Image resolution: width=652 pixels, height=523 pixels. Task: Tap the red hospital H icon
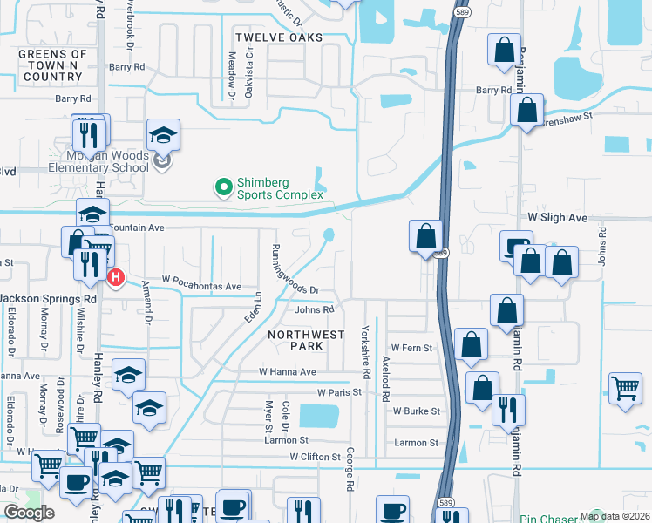[114, 277]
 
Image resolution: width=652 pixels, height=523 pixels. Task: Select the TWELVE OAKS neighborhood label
[279, 37]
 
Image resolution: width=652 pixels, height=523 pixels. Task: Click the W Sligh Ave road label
[557, 217]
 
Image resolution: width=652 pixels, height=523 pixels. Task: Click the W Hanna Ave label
[287, 371]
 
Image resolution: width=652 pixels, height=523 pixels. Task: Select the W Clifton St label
[316, 457]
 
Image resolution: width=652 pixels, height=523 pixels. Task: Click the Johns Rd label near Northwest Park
[315, 309]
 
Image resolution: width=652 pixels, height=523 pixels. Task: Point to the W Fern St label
[411, 348]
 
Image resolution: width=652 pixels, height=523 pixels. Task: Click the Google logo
[29, 513]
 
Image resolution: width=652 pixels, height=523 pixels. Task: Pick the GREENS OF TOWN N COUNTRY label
[53, 65]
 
